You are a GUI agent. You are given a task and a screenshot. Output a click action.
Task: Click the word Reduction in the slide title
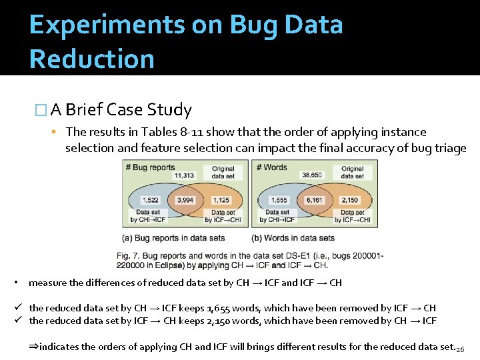[92, 59]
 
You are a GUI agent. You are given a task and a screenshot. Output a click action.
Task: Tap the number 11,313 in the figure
[183, 175]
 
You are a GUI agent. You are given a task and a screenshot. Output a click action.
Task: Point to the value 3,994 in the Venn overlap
[185, 199]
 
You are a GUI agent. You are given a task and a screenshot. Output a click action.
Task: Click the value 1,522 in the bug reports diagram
[151, 199]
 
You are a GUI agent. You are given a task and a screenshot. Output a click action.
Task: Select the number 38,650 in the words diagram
[312, 175]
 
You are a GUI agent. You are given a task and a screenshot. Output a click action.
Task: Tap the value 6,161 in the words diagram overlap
[314, 199]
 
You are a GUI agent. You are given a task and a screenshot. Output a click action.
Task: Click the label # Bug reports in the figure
[150, 167]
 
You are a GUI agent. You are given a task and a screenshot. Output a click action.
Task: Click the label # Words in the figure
[273, 167]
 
